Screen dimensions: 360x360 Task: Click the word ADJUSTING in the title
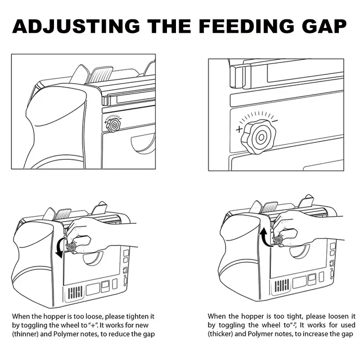(x=76, y=26)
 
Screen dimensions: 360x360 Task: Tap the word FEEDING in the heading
(x=246, y=26)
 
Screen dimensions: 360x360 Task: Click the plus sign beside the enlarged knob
(x=239, y=129)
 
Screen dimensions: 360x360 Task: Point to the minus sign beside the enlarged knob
(x=275, y=121)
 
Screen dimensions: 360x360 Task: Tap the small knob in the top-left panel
(x=113, y=125)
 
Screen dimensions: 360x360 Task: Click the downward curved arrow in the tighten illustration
(x=60, y=248)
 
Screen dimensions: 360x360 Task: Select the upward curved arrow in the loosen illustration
(x=265, y=236)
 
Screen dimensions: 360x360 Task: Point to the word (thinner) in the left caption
(x=25, y=334)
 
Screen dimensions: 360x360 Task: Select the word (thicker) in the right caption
(x=220, y=334)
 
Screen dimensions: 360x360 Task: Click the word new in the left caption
(x=142, y=325)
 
